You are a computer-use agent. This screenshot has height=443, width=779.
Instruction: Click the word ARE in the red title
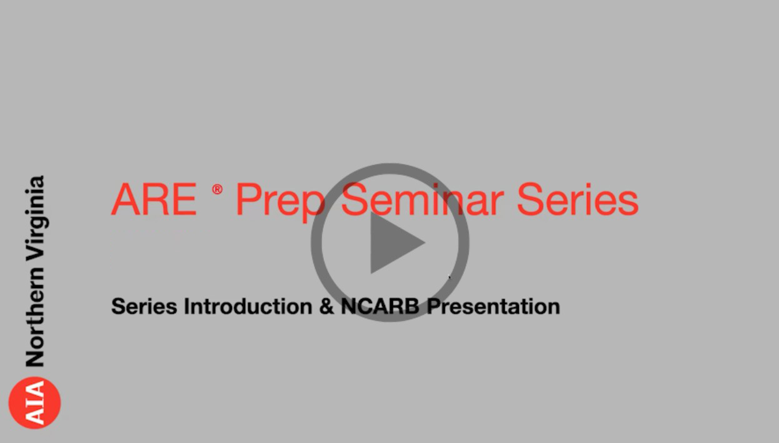154,200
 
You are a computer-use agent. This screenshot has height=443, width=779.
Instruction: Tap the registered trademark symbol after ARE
218,190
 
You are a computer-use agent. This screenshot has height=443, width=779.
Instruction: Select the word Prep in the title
280,203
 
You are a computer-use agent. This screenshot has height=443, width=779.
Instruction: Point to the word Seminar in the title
423,199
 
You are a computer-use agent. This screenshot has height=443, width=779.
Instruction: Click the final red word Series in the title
578,200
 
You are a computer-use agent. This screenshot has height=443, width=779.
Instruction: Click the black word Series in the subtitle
144,306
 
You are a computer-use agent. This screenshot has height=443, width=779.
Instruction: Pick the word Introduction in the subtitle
248,306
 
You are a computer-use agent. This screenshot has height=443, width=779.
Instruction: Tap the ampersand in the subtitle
326,306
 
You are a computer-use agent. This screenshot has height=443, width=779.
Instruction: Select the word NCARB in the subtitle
379,306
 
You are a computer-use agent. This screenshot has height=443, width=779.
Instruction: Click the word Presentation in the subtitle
493,306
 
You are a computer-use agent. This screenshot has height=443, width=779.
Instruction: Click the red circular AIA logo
34,402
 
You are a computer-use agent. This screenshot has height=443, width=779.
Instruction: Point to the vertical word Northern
35,317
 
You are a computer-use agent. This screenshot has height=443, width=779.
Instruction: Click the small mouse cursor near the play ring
450,277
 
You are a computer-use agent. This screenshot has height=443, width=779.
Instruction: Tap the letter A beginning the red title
125,200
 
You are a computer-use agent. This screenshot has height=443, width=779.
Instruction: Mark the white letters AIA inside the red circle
35,402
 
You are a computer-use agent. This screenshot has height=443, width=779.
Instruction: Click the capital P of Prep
249,200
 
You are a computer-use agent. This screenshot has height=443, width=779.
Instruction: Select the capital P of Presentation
434,306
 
